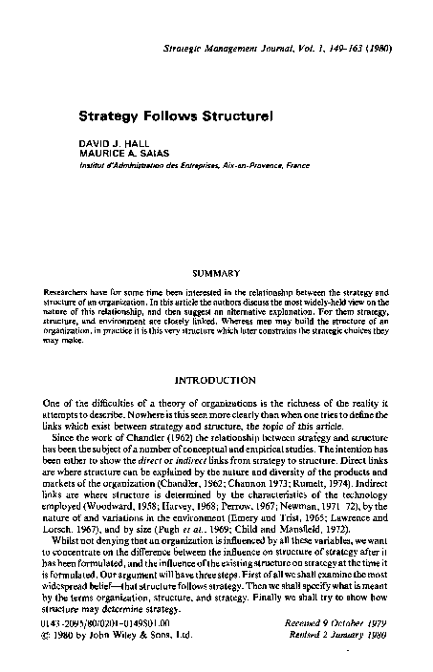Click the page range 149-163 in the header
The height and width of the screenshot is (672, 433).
pos(344,47)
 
